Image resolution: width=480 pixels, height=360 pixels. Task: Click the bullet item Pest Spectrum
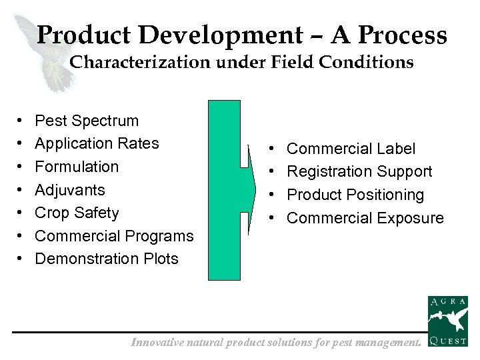87,121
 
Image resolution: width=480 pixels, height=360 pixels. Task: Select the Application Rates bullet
97,143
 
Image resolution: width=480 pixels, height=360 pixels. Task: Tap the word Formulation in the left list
77,167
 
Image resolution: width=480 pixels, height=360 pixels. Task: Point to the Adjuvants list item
70,190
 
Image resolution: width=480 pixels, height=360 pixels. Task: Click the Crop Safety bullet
77,213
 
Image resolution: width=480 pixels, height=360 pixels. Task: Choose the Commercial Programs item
114,236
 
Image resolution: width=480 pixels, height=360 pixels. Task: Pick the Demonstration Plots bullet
107,259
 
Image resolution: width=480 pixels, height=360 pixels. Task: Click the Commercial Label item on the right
351,149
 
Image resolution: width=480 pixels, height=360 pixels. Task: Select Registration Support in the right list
359,172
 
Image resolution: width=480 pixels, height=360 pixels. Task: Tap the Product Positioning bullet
355,195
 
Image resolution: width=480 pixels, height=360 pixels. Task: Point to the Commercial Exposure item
365,218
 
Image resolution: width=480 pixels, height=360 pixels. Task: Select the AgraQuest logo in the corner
447,322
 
